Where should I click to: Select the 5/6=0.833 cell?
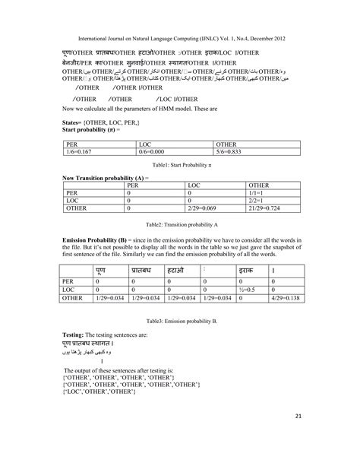(232, 152)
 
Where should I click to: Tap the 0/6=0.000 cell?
(156, 152)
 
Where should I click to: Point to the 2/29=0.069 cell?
(204, 207)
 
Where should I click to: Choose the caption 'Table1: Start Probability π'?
(180, 164)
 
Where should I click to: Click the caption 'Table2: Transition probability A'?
(181, 226)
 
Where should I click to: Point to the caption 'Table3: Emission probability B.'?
(181, 322)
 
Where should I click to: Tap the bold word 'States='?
(74, 122)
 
